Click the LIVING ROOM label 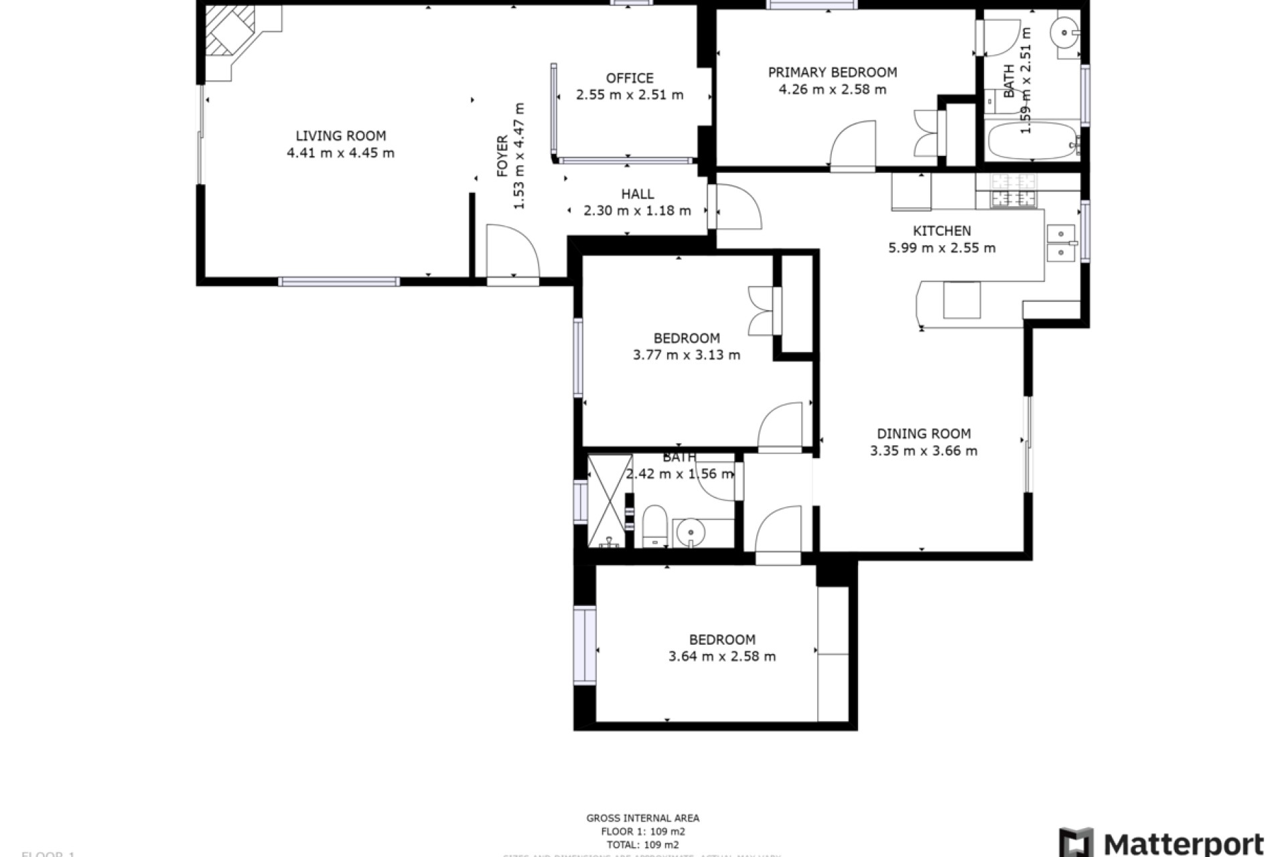(340, 136)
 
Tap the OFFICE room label (630, 78)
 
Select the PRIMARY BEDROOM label (832, 72)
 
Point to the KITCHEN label (942, 231)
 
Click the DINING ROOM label (924, 434)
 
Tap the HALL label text (637, 194)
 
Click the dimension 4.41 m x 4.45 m (340, 153)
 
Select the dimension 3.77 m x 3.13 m (687, 355)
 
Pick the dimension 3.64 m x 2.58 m (722, 657)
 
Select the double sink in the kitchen (1060, 243)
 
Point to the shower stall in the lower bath (610, 500)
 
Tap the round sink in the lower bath (687, 533)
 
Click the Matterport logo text (1183, 842)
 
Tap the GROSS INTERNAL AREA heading (642, 817)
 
